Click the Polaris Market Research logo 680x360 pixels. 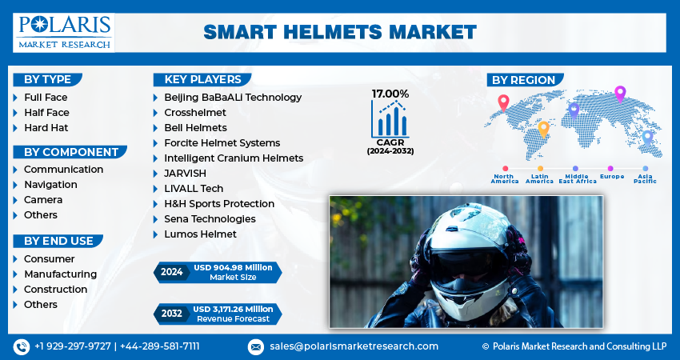pos(64,33)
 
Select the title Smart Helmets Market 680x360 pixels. pos(340,32)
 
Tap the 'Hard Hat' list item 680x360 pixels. pos(46,127)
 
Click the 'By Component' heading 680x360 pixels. pos(71,152)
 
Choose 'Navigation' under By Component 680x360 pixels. pos(50,184)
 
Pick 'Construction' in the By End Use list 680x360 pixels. pos(55,290)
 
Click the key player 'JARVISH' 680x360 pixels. pos(185,173)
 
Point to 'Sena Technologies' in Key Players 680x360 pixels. pos(210,218)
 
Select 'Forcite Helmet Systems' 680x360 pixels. pos(222,142)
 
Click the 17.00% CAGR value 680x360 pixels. pos(390,94)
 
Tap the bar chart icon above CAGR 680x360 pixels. pos(390,119)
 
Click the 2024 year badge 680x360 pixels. pos(172,272)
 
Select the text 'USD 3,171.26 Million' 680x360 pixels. pos(234,310)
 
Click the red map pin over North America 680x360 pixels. pos(503,102)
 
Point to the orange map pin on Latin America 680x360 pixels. pos(543,130)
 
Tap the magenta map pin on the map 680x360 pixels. pos(620,94)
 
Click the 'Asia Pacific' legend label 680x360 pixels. pos(646,178)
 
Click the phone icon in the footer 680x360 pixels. pos(22,346)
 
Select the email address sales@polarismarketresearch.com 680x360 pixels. pos(354,346)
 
